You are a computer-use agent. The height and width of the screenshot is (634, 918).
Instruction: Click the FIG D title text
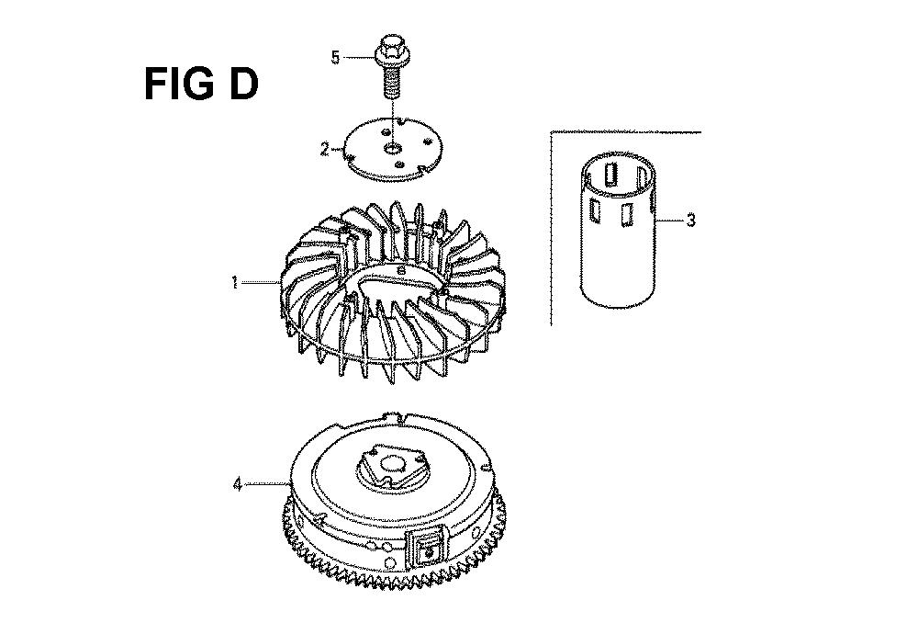tap(201, 84)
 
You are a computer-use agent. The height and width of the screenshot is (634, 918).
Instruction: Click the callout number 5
tap(335, 58)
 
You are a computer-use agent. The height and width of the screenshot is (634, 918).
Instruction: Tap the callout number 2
tap(324, 150)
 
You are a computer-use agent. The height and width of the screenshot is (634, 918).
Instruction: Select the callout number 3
tap(691, 221)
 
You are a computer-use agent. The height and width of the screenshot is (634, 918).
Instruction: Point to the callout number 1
tap(235, 283)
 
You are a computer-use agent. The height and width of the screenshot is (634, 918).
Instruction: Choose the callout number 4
tap(237, 485)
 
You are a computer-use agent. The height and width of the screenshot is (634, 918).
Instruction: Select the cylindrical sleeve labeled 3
tap(617, 231)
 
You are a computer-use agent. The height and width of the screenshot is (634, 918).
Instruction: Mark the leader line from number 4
tap(265, 484)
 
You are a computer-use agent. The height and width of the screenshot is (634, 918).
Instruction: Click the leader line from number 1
tap(259, 282)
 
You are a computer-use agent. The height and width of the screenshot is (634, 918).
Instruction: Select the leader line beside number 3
tap(671, 221)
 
